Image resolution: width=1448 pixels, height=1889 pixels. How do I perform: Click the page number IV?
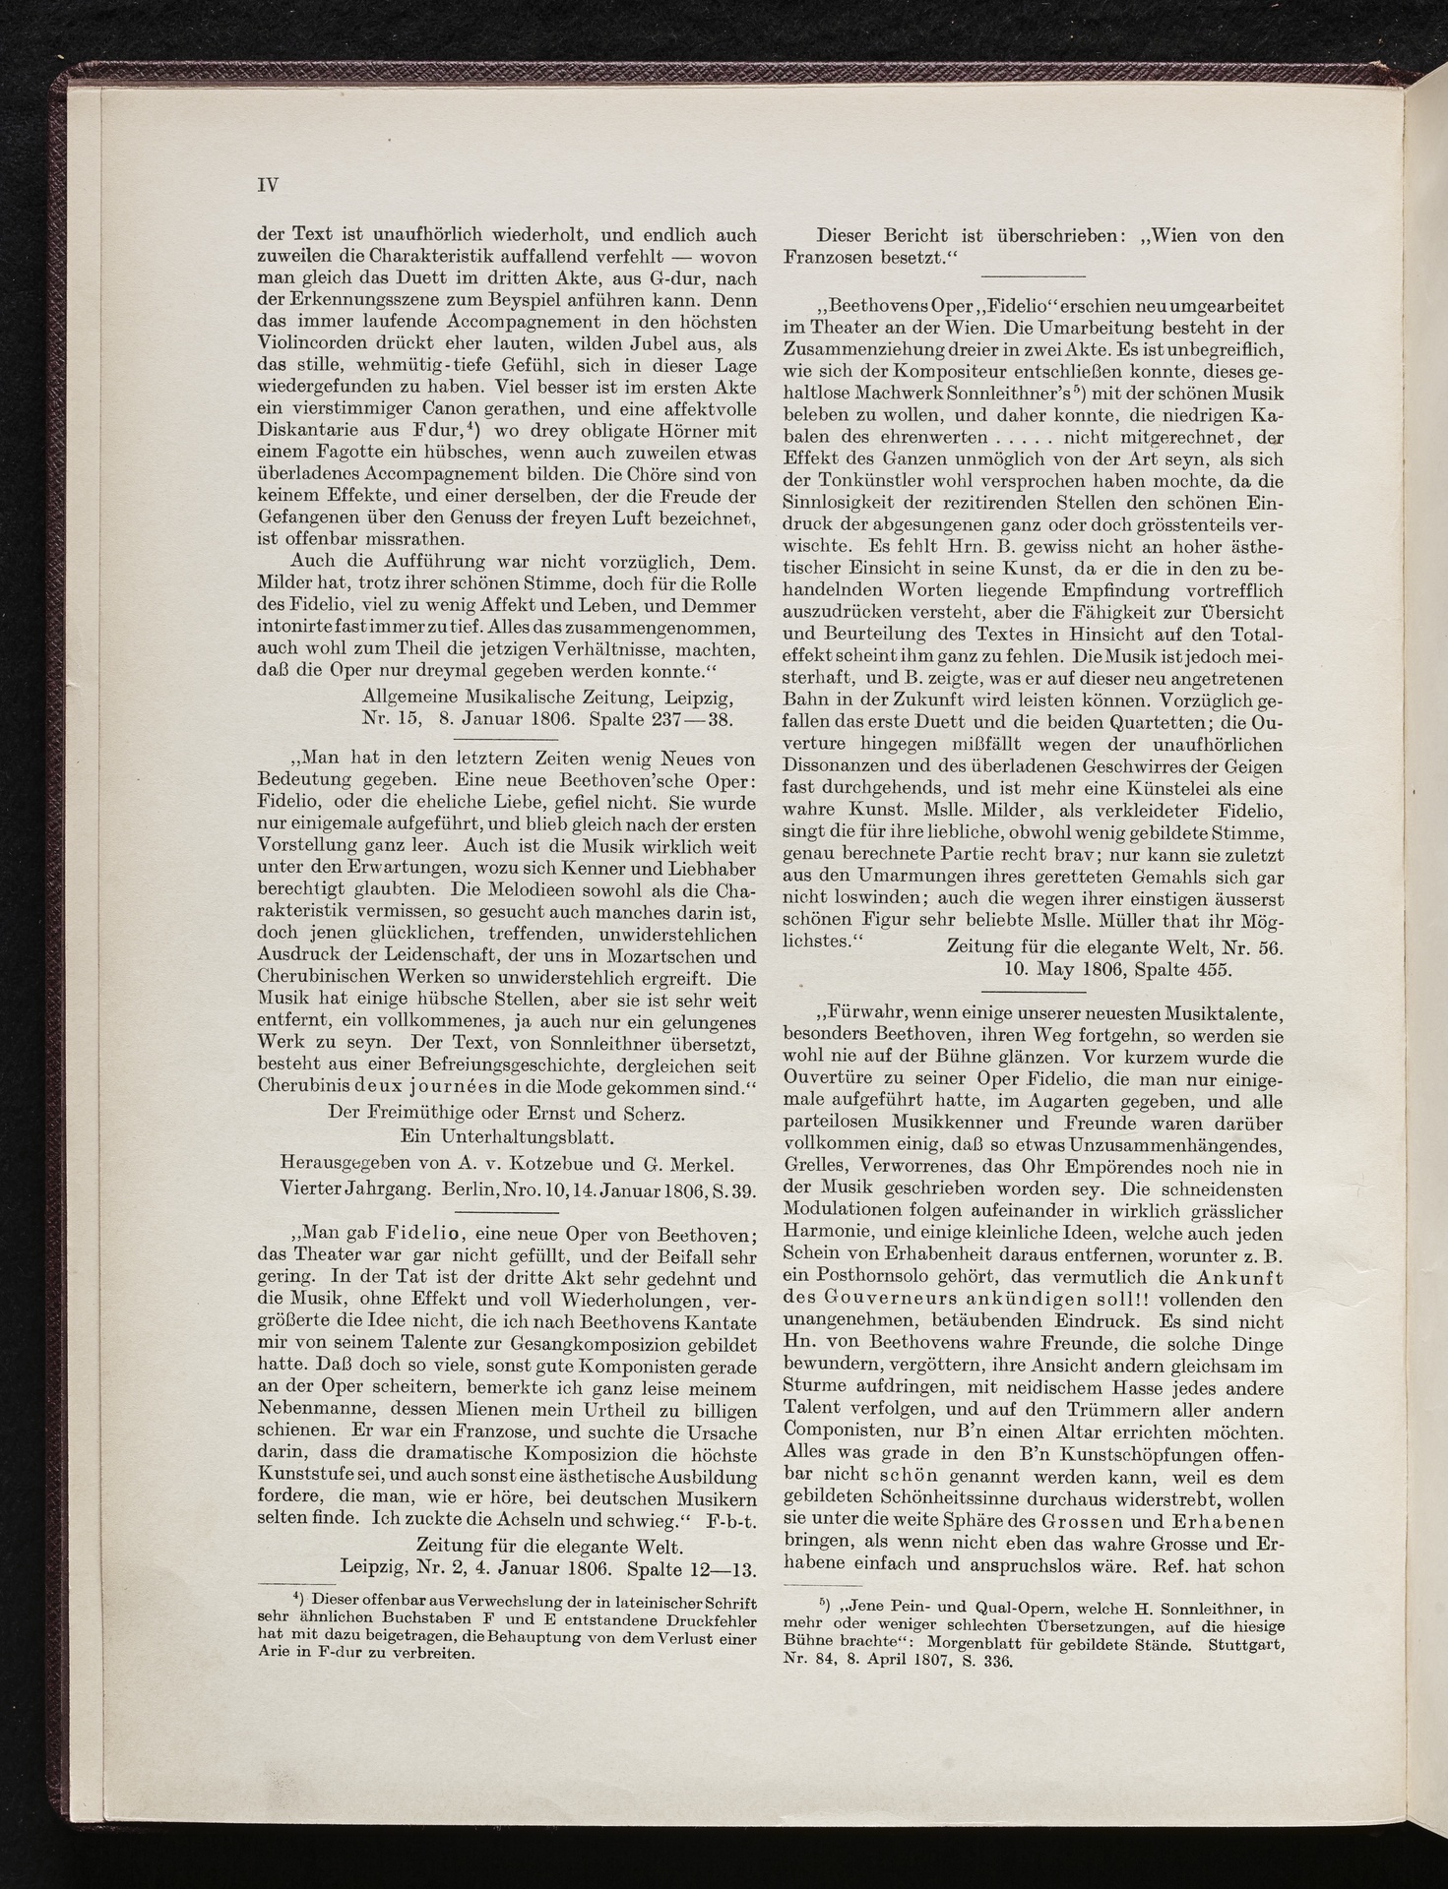pos(268,185)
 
